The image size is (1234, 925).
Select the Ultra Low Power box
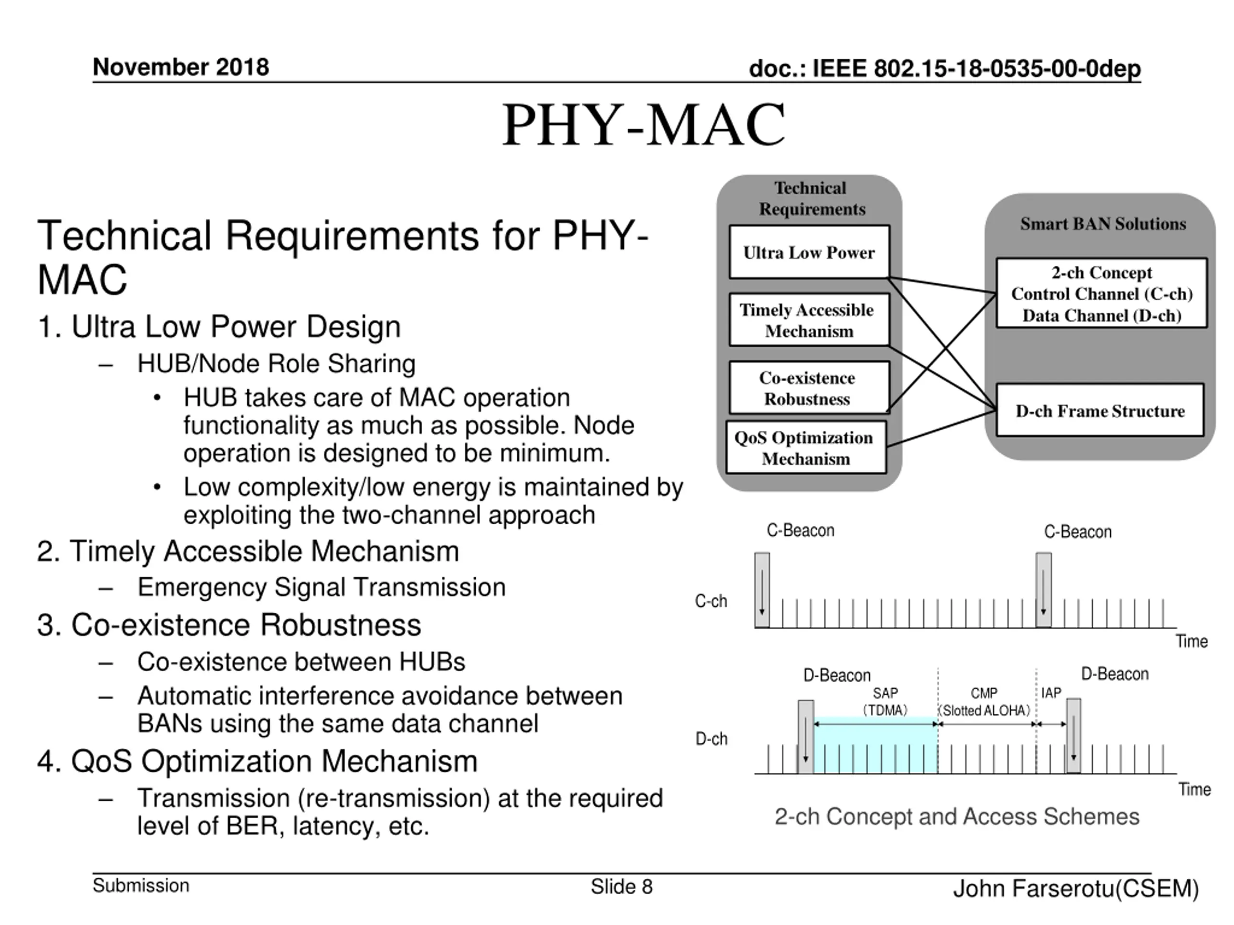coord(809,252)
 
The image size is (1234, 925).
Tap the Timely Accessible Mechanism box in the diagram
coord(808,320)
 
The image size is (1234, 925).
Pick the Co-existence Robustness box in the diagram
coord(808,388)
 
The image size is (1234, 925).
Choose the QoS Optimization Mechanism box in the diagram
coord(805,448)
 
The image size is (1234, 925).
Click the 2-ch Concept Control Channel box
coord(1101,293)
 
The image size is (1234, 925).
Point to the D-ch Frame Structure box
coord(1100,410)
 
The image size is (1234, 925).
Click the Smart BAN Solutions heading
coord(1102,224)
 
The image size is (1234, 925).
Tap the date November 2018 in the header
coord(181,67)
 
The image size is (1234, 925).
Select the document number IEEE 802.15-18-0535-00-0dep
coord(944,68)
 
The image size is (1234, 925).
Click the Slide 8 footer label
coord(621,886)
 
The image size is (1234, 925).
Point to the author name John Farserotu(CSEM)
coord(1075,888)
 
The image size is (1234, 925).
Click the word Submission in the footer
coord(141,885)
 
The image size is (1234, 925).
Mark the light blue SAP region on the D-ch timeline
coord(875,747)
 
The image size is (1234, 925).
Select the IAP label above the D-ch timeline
coord(1051,693)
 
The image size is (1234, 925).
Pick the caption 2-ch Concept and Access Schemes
coord(957,816)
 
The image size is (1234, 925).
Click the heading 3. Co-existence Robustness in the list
coord(229,624)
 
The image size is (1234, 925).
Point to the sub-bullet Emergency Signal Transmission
coord(322,587)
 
